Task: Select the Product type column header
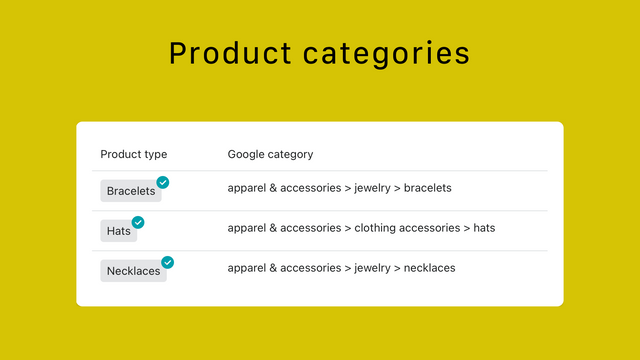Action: [x=134, y=154]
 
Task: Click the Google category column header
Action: [x=270, y=154]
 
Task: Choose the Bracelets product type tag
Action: [x=131, y=190]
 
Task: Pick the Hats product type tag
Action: [x=118, y=231]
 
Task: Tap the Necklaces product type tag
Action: [x=133, y=271]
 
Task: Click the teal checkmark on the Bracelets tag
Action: [x=163, y=182]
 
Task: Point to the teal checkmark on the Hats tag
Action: [x=138, y=222]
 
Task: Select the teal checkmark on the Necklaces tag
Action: [x=168, y=262]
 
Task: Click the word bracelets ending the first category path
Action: [x=427, y=188]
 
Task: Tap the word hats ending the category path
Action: [x=484, y=228]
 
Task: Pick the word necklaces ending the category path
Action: [x=429, y=268]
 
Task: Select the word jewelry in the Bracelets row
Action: [x=372, y=188]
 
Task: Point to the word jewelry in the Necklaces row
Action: [x=372, y=268]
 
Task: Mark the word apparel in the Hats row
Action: [x=246, y=228]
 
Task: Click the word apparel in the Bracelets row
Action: [x=246, y=188]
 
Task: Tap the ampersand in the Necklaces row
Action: [x=273, y=268]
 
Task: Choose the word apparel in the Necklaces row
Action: [x=246, y=268]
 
